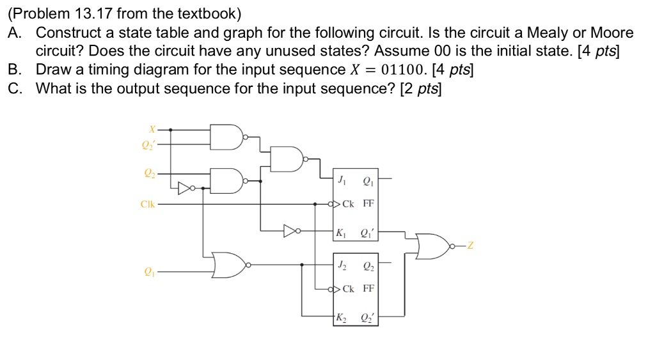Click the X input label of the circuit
click(x=152, y=129)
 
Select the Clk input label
click(x=148, y=205)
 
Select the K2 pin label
click(x=343, y=318)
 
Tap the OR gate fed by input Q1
click(x=228, y=264)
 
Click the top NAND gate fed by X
click(x=229, y=136)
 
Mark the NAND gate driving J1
click(x=287, y=159)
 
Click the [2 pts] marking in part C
click(x=420, y=88)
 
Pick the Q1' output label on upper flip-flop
click(x=368, y=233)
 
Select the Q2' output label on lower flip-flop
click(x=368, y=318)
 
